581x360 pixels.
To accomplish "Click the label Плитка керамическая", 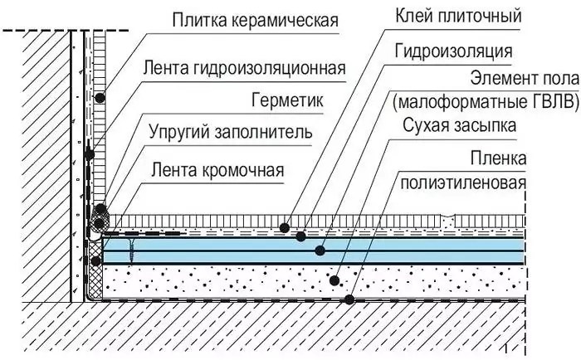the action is point(255,20).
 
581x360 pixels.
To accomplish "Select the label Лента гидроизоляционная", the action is point(245,68).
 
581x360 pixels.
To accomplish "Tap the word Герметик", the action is point(287,100).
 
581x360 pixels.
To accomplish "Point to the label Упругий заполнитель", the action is point(231,132).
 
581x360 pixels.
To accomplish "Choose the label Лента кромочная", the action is point(217,170).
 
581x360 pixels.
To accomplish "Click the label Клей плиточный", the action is point(458,16).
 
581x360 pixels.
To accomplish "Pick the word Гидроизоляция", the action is point(453,51).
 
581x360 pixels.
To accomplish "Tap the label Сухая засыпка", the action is point(459,125).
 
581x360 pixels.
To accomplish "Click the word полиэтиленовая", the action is point(463,182).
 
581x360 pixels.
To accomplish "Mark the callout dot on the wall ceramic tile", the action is point(100,98).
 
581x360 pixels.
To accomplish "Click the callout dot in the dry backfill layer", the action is point(334,280).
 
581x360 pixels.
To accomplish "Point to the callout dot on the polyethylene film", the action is point(349,299).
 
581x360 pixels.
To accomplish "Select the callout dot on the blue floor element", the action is point(320,251).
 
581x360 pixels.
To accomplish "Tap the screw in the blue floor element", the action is point(131,251).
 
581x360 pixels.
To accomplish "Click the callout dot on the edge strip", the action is point(96,261).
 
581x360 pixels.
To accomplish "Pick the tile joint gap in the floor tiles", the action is point(447,221).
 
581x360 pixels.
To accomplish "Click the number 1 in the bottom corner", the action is point(505,348).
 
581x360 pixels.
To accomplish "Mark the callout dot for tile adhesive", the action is point(284,228).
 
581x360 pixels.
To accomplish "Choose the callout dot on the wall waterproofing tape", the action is point(90,155).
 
